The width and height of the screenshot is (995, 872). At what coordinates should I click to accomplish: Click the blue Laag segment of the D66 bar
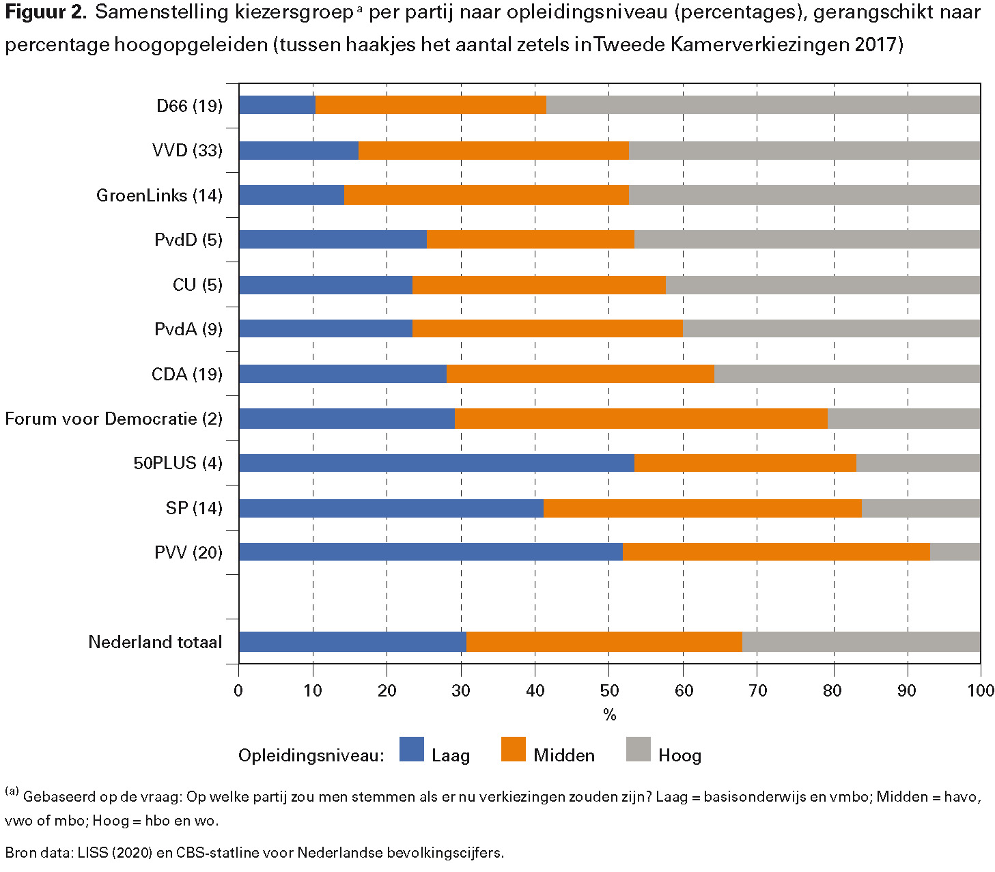coord(277,105)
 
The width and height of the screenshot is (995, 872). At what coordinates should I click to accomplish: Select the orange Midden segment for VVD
coord(493,150)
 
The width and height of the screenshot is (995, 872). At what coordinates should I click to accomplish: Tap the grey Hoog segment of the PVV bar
coord(955,552)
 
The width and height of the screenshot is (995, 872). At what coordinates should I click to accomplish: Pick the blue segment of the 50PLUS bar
coord(436,463)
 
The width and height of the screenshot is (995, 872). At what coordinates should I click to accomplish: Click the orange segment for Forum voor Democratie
coord(641,419)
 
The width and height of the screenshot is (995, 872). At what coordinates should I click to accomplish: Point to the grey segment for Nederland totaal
coord(860,642)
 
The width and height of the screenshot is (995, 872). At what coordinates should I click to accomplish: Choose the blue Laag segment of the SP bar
coord(391,508)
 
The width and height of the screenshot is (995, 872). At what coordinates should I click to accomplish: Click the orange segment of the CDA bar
coord(580,374)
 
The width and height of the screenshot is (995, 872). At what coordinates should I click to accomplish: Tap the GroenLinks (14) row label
coord(159,195)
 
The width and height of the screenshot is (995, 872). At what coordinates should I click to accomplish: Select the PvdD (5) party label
coord(188,240)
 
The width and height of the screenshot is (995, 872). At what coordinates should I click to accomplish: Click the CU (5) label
coord(197,285)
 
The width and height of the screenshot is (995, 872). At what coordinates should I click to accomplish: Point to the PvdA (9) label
coord(188,329)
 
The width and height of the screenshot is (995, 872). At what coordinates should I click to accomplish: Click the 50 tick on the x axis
coord(609,690)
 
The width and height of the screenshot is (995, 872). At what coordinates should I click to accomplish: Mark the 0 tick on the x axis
coord(238,690)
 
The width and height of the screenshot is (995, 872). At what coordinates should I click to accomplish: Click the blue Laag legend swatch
coord(411,749)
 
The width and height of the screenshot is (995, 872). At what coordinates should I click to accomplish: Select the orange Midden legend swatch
coord(513,749)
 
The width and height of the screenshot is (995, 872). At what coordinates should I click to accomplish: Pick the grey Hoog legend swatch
coord(638,749)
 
